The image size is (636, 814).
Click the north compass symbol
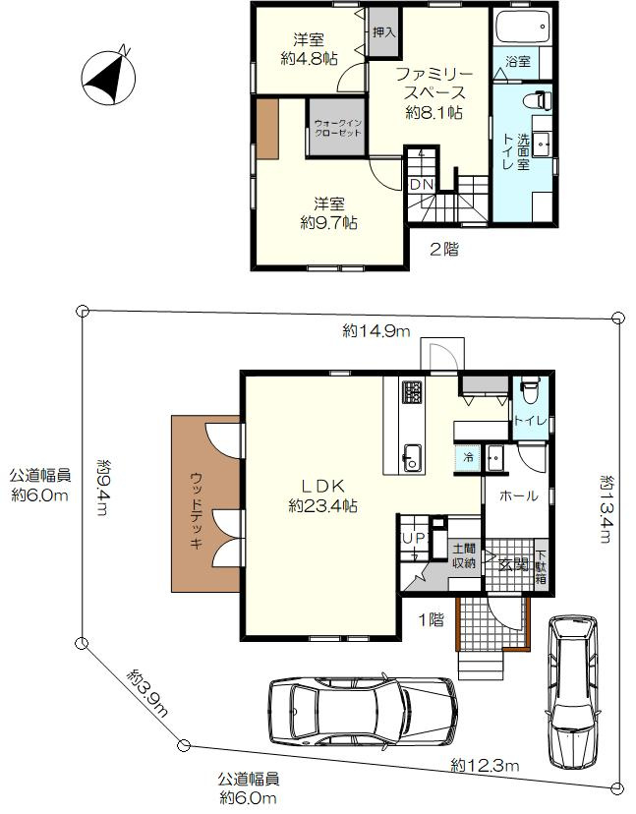click(x=108, y=77)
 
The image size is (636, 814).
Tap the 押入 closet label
click(x=384, y=32)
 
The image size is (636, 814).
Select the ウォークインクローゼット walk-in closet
click(x=337, y=127)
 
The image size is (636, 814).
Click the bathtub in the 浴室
click(x=522, y=26)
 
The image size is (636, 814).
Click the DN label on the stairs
click(x=421, y=184)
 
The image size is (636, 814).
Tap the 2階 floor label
click(x=444, y=249)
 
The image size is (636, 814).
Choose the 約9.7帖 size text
click(x=328, y=223)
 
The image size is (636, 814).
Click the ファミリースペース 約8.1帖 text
click(x=434, y=93)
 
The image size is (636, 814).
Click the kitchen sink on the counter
click(x=413, y=458)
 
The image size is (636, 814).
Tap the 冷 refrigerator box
click(x=468, y=458)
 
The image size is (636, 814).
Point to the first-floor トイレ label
click(x=530, y=421)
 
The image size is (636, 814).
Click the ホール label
click(x=518, y=496)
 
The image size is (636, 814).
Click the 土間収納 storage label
click(x=464, y=555)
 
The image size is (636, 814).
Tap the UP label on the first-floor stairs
click(x=414, y=539)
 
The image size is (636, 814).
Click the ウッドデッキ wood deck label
click(x=196, y=510)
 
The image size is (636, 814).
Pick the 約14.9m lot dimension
click(x=376, y=330)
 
